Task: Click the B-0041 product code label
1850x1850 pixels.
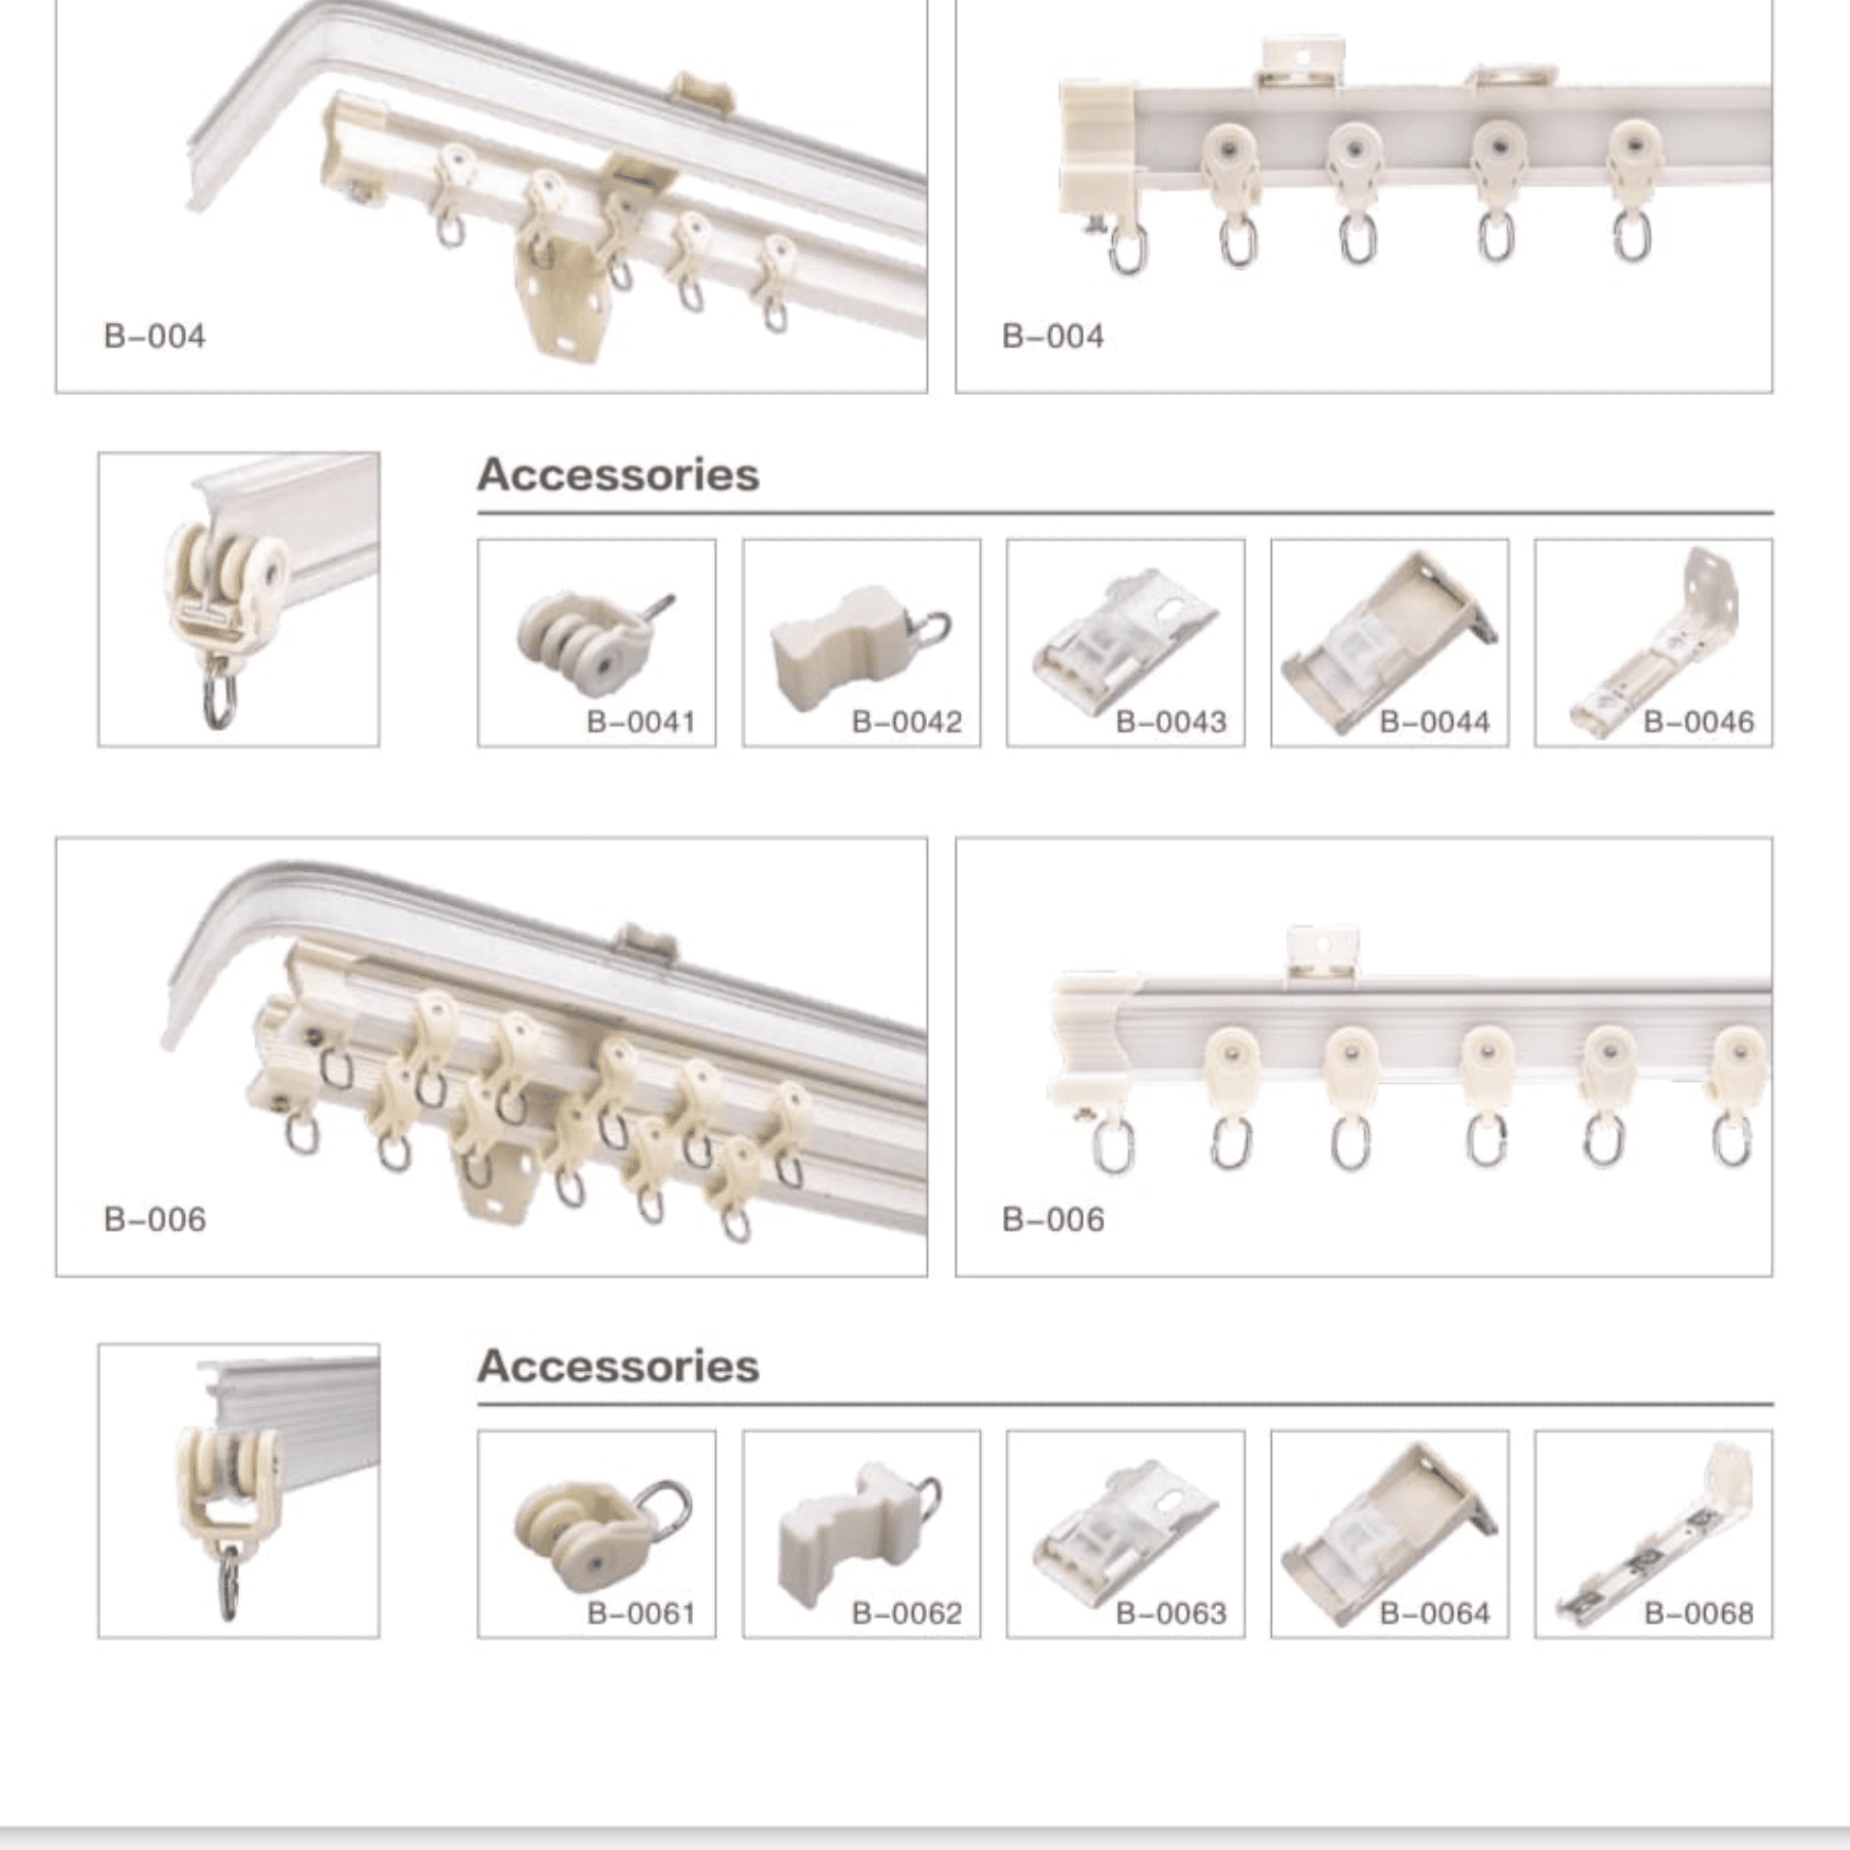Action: click(641, 722)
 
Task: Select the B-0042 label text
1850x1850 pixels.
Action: click(907, 722)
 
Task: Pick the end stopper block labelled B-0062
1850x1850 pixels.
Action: click(838, 1532)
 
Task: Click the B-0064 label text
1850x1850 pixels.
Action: click(1435, 1613)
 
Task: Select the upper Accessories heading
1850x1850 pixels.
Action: click(618, 474)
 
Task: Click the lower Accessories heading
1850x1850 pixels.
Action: click(618, 1366)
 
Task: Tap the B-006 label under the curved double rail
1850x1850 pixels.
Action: click(154, 1219)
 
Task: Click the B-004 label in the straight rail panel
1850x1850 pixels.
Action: click(1052, 336)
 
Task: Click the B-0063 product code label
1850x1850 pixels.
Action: click(1171, 1613)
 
